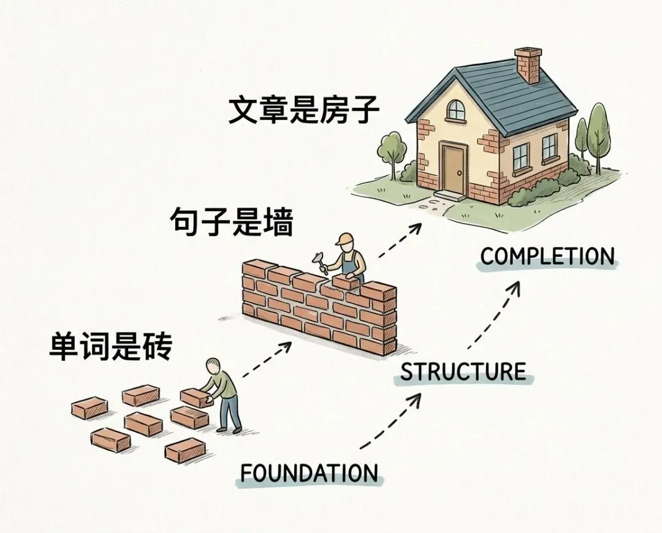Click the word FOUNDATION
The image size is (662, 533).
(308, 473)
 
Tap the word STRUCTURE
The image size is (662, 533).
(463, 372)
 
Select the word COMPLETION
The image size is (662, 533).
(547, 256)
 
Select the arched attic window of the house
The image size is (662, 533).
(456, 110)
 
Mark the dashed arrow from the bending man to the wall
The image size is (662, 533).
(267, 360)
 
